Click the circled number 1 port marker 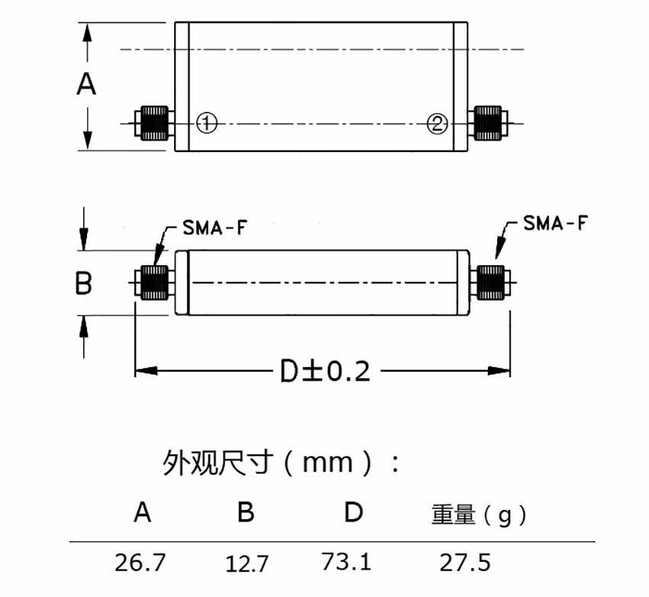point(206,122)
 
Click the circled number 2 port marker point(437,123)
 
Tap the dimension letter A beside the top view point(87,83)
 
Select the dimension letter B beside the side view point(83,284)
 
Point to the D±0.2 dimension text point(324,372)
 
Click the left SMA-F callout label point(215,227)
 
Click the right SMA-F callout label point(555,223)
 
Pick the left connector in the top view point(153,122)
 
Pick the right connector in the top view point(489,122)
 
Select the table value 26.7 point(140,563)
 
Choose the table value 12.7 point(247,565)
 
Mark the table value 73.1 point(347,562)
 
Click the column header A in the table point(142,511)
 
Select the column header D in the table point(352,511)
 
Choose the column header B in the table point(245,511)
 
